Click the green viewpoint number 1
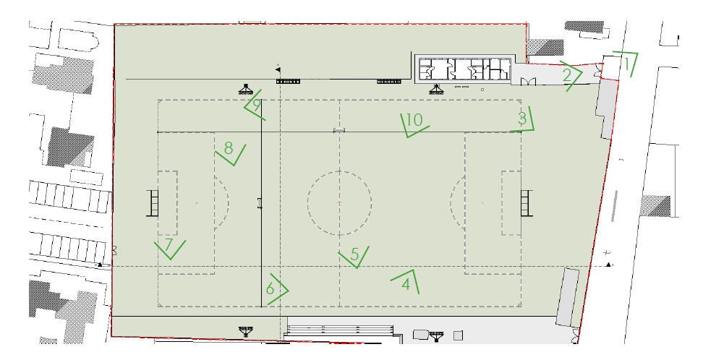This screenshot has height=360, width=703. [628, 64]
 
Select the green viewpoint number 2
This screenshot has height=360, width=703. [567, 75]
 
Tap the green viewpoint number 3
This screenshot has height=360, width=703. [522, 119]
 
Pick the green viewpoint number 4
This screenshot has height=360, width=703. [406, 284]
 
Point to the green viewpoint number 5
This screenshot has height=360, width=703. [354, 254]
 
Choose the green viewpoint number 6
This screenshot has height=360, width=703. [270, 289]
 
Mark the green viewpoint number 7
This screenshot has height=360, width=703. [168, 245]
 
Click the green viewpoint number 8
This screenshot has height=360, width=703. [229, 148]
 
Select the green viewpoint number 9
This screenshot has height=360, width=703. [257, 106]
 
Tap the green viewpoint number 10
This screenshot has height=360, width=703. [414, 120]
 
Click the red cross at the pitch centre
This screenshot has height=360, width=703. [339, 203]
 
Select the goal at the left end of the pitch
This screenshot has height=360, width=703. [153, 203]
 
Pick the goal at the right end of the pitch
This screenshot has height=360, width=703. [527, 203]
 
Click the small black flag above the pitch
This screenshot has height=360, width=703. [278, 69]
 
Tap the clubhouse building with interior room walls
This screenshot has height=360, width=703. [464, 69]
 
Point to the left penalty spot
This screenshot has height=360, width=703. [197, 203]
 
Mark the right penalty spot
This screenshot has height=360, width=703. [482, 203]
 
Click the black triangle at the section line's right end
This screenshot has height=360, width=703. [608, 265]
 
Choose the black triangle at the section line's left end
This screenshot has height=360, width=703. [100, 265]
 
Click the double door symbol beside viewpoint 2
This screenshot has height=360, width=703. [528, 81]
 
